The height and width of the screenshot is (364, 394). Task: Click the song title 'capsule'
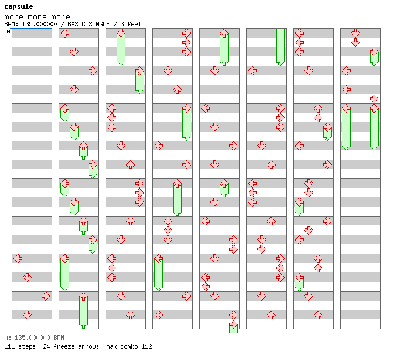[19, 7]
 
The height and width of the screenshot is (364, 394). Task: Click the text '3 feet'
[131, 24]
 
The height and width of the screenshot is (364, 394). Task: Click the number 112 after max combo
[147, 346]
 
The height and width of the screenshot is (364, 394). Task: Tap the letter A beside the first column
[8, 31]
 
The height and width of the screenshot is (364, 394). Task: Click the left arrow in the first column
[18, 258]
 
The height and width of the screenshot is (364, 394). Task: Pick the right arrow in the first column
[46, 296]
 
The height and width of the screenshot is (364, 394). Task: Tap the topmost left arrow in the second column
[65, 33]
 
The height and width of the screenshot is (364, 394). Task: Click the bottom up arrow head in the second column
[83, 296]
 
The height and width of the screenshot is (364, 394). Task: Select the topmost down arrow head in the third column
[121, 33]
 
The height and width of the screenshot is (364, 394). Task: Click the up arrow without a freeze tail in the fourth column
[177, 89]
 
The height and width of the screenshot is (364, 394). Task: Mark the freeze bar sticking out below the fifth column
[233, 329]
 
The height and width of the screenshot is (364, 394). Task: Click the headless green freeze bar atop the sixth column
[280, 47]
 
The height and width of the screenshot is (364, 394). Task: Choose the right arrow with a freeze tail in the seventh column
[327, 127]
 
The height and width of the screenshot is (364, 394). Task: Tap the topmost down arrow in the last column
[355, 33]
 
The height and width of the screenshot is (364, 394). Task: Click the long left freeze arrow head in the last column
[347, 108]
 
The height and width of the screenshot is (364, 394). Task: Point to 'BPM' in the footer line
[59, 338]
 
